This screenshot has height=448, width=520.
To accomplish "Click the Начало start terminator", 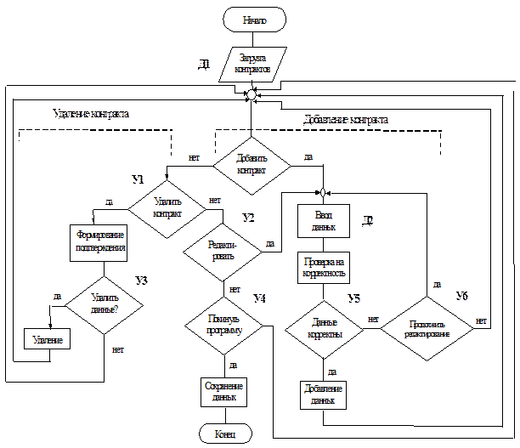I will pos(254,20).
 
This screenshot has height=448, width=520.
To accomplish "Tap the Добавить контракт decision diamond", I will pos(252,164).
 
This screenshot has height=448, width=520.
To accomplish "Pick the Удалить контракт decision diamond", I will pos(167,207).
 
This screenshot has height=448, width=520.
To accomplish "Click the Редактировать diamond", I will pos(223,250).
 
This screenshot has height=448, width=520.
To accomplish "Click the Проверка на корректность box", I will pos(324,267).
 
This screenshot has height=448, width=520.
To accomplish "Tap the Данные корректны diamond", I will pos(323,329).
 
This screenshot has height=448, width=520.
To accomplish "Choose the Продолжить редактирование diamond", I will pos(425,329).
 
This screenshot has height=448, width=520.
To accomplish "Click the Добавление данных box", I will pos(324,394).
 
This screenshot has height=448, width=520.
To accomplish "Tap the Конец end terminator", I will pos(225,434).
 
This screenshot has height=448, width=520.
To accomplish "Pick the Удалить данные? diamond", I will pos(104,303).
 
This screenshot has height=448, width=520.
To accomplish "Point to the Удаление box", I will pos(48,339).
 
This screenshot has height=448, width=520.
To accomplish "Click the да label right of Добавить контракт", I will pos(308,157).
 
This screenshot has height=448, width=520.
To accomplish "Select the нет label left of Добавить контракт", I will pos(195,157).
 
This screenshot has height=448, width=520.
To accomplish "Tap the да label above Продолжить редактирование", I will pos(436,283).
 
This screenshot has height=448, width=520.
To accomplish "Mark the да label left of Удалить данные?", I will pos(57,295).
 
